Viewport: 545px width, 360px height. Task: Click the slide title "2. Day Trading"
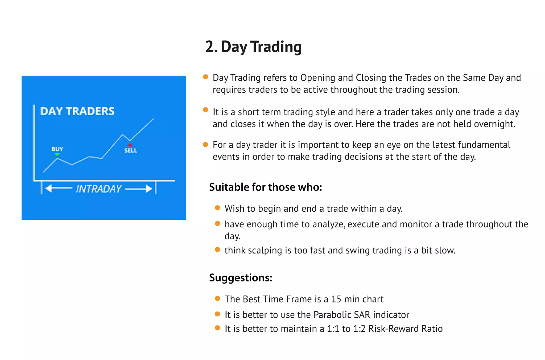(x=253, y=47)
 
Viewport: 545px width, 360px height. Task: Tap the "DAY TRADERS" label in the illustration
(x=77, y=111)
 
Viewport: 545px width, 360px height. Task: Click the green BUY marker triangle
(x=57, y=154)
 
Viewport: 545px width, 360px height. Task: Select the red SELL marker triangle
(x=130, y=145)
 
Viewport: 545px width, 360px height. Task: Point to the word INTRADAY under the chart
(x=98, y=189)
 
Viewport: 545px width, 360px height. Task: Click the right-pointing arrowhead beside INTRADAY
(x=149, y=189)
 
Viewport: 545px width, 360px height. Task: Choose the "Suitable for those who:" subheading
(x=265, y=187)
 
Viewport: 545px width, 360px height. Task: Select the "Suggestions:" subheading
(x=241, y=278)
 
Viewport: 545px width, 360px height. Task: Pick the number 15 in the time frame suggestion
(x=336, y=299)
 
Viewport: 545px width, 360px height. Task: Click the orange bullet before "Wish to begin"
(x=217, y=208)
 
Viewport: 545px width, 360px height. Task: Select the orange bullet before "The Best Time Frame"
(x=217, y=298)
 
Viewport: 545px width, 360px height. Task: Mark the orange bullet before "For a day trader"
(x=205, y=144)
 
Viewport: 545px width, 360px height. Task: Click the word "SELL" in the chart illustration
(x=130, y=151)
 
